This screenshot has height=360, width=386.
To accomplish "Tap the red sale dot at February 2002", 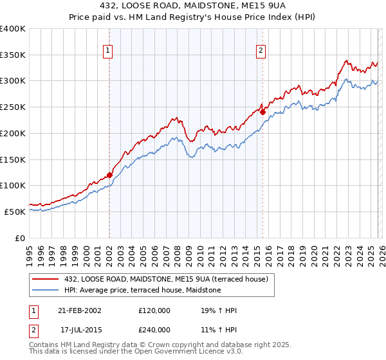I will pyautogui.click(x=109, y=174).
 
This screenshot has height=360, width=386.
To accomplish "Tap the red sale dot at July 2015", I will pyautogui.click(x=262, y=112).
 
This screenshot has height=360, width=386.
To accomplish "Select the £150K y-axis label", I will pyautogui.click(x=13, y=159).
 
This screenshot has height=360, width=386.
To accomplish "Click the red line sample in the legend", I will pyautogui.click(x=46, y=278).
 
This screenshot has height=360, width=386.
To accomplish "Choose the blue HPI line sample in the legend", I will pyautogui.click(x=46, y=290).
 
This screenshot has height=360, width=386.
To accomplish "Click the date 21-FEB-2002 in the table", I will pyautogui.click(x=80, y=310).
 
